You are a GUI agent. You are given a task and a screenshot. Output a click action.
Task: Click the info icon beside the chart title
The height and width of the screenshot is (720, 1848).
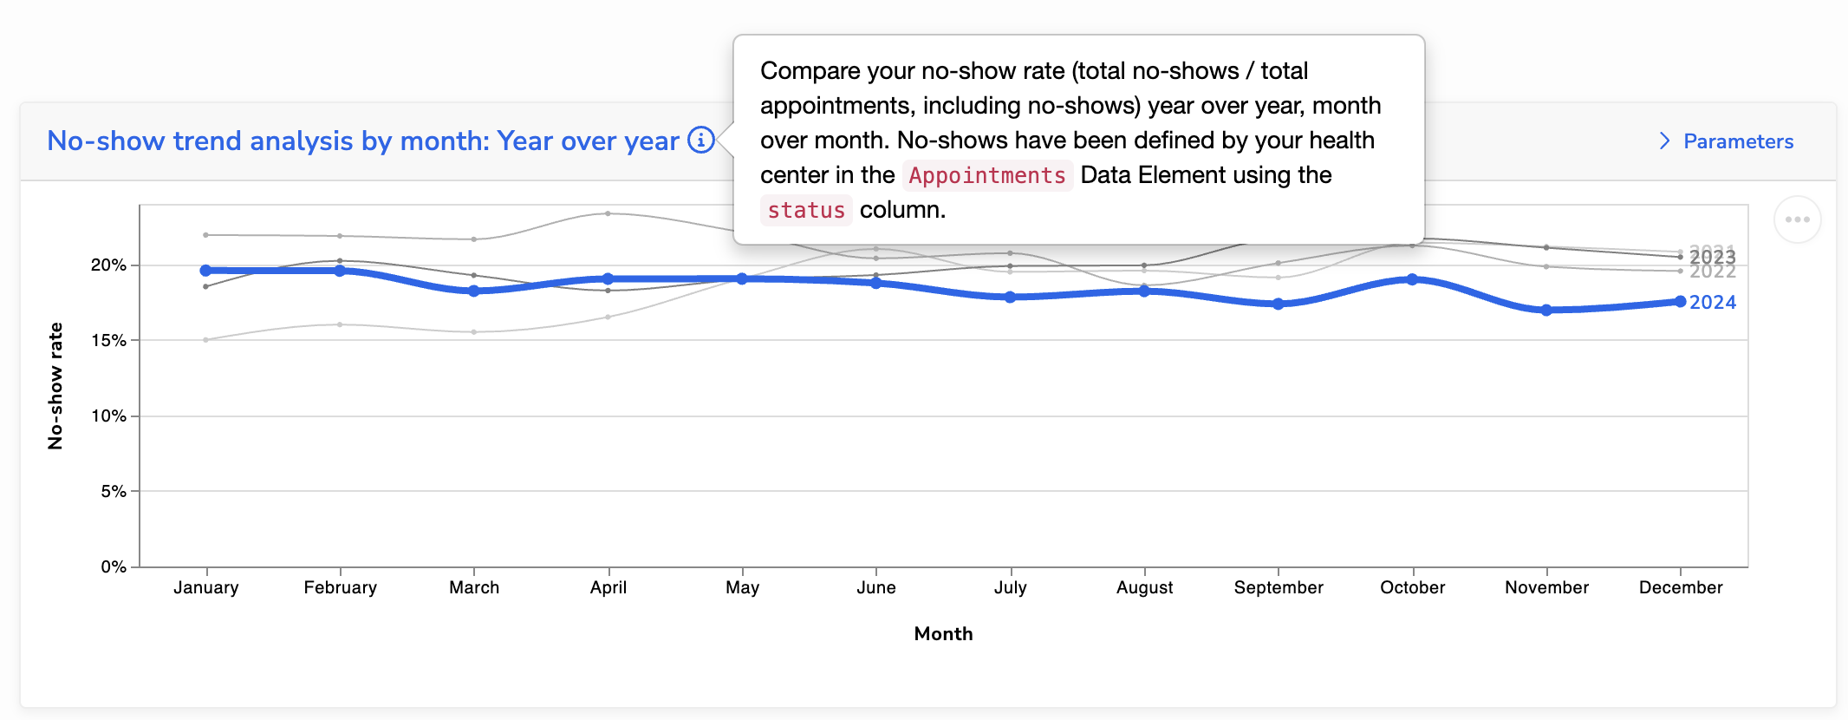tap(701, 140)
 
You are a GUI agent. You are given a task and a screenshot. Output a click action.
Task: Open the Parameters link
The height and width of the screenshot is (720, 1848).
tap(1737, 141)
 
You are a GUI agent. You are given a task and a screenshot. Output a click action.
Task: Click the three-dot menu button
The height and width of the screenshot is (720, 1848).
tap(1797, 219)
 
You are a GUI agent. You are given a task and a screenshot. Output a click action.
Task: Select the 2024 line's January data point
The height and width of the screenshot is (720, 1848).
tap(205, 271)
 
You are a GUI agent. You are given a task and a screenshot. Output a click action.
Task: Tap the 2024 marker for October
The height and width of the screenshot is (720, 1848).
tap(1412, 279)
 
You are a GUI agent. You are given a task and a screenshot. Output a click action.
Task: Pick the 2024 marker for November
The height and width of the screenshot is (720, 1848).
tap(1546, 310)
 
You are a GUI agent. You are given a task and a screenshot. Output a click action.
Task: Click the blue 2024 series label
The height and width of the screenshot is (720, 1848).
tap(1712, 303)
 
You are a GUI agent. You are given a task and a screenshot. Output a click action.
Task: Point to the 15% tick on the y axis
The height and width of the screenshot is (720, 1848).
tap(109, 340)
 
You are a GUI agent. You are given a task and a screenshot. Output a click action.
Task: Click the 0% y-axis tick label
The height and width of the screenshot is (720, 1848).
tap(114, 566)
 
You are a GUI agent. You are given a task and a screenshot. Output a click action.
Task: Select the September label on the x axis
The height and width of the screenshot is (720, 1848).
tap(1279, 587)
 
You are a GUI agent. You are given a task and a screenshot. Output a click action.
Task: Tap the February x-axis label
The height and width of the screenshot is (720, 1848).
tap(340, 587)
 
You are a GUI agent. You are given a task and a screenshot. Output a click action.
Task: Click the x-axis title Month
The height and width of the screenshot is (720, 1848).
tap(943, 634)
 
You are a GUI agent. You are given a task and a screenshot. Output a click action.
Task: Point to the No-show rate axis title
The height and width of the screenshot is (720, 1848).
tap(55, 386)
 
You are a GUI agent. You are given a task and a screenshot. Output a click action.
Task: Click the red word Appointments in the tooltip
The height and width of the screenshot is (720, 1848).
tap(986, 175)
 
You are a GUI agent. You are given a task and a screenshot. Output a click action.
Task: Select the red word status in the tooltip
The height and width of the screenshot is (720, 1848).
tap(805, 210)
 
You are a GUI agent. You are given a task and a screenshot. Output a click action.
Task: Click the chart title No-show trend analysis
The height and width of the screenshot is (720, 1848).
tap(362, 141)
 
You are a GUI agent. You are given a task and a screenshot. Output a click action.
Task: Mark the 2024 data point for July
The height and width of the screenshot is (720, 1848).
tap(1010, 297)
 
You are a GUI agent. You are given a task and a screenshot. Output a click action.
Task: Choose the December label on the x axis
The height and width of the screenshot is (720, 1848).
tap(1680, 587)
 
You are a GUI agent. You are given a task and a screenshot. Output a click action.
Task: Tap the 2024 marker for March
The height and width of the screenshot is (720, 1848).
tap(474, 291)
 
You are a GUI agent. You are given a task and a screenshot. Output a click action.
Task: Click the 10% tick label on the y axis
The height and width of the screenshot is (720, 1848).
tap(109, 416)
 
